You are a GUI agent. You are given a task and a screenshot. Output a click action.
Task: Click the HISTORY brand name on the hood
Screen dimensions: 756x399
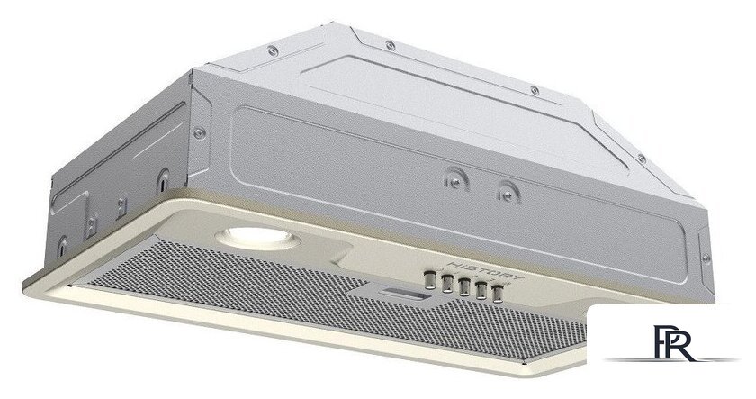484,272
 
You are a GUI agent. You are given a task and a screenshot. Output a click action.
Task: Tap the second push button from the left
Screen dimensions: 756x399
447,283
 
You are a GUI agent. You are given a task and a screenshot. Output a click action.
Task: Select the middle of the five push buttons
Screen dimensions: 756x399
463,286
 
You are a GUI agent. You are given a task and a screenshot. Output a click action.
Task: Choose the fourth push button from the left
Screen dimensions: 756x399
481,290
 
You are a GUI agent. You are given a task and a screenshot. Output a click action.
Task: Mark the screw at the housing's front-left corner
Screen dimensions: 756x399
199,133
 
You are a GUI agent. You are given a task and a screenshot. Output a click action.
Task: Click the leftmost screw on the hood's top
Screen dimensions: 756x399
273,50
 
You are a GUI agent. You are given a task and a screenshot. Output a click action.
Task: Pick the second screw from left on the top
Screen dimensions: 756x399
390,46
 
